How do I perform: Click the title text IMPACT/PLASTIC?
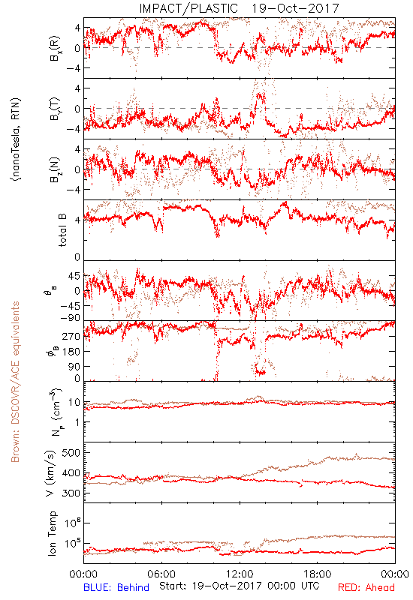click(188, 8)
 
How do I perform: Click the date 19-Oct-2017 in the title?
click(295, 8)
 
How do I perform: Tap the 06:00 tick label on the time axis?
click(161, 574)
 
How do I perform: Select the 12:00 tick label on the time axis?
click(240, 574)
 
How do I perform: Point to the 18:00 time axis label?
click(318, 574)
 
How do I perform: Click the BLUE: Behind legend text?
click(116, 587)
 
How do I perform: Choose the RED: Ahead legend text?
click(366, 587)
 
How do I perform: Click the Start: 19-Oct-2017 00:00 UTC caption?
click(240, 586)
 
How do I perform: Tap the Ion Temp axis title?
click(52, 533)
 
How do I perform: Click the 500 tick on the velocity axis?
click(71, 453)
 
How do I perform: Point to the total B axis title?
click(62, 229)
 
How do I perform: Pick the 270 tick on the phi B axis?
click(71, 336)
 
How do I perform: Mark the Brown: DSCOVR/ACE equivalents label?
click(15, 382)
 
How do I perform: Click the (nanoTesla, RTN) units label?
click(16, 139)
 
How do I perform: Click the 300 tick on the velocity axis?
click(71, 493)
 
